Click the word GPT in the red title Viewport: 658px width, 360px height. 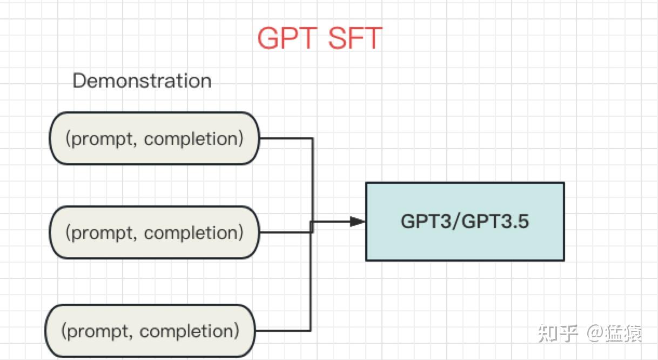[287, 38]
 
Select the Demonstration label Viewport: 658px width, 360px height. [142, 81]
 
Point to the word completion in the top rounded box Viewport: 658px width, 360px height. [194, 139]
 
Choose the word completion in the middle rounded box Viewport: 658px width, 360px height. [194, 233]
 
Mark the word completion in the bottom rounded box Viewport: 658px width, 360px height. [189, 331]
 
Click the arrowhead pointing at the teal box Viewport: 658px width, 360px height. [357, 221]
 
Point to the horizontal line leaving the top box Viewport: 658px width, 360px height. [286, 138]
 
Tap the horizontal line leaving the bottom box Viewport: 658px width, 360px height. [282, 330]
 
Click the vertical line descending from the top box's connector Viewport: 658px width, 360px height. [313, 178]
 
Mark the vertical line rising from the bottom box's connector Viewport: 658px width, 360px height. [310, 281]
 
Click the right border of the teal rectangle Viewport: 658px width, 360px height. [564, 222]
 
